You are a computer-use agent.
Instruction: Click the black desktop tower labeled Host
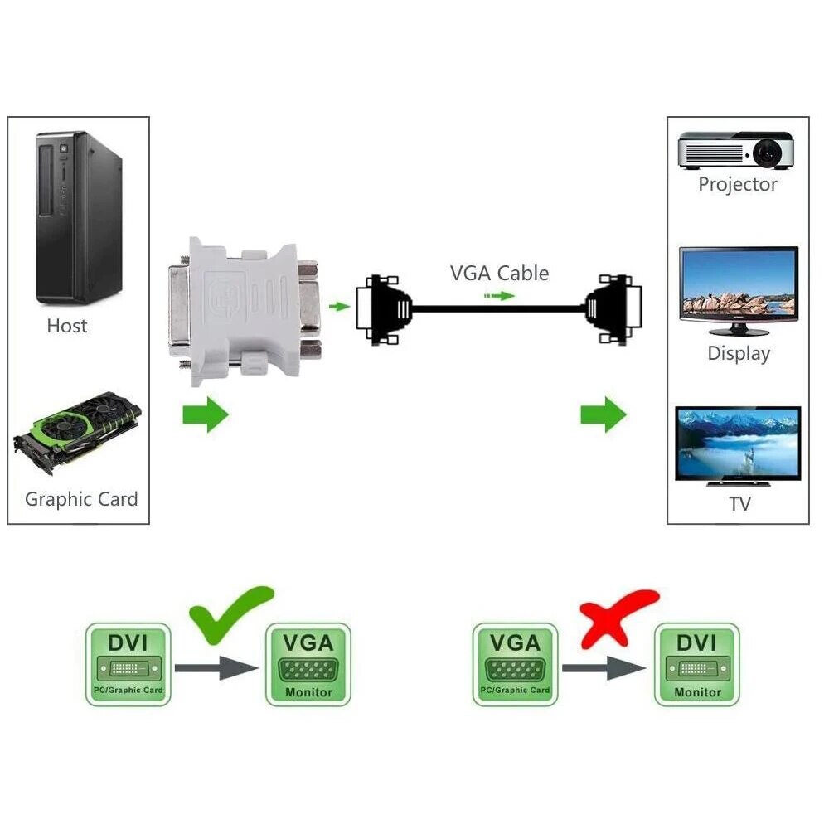coord(78,217)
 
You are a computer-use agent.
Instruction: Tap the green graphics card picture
coord(77,431)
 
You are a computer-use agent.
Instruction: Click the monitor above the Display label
coord(738,286)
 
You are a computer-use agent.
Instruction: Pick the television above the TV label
coord(738,444)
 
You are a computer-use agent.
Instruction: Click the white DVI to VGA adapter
coord(246,311)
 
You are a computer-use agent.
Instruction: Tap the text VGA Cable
coord(499,273)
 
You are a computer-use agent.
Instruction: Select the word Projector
coord(738,184)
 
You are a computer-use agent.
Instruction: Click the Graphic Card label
coord(81,499)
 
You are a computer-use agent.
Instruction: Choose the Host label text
coord(67,326)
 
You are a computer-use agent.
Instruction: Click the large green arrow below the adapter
coord(205,414)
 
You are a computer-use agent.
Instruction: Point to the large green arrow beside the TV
coord(603,414)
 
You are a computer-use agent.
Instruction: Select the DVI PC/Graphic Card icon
coord(128,665)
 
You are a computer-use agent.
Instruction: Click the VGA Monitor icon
coord(308,665)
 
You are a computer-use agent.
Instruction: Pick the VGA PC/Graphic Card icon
coord(515,665)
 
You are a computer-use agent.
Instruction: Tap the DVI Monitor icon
coord(696,665)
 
